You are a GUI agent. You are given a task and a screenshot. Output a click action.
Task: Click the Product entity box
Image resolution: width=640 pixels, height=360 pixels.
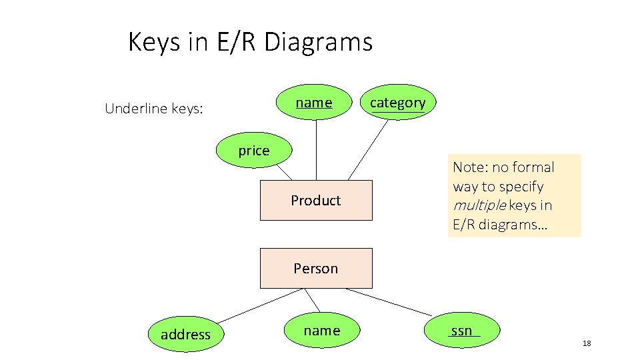click(315, 200)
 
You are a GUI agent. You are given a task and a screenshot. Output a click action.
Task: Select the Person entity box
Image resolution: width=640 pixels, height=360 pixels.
click(315, 268)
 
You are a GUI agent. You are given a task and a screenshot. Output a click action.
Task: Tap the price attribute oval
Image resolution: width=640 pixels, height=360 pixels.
click(254, 151)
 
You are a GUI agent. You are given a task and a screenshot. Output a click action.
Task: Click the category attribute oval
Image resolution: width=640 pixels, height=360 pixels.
click(397, 102)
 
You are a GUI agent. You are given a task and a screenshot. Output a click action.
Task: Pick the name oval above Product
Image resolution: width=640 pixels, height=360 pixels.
click(314, 102)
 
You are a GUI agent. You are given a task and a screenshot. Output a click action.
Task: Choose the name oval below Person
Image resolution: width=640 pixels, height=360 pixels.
click(321, 331)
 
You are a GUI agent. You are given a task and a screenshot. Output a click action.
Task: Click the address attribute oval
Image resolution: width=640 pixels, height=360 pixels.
click(185, 334)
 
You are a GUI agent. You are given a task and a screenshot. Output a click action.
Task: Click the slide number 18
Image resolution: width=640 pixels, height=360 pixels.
click(587, 343)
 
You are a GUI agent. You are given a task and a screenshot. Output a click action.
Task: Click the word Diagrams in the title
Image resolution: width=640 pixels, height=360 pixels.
click(319, 43)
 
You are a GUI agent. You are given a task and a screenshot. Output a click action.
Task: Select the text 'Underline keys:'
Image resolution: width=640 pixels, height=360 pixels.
click(154, 109)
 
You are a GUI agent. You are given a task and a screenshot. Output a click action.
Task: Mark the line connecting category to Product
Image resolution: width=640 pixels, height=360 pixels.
click(368, 150)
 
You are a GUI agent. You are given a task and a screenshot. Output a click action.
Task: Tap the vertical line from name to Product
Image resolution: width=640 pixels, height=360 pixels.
click(316, 150)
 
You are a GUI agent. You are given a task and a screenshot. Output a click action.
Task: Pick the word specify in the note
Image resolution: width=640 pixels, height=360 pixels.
click(521, 187)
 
